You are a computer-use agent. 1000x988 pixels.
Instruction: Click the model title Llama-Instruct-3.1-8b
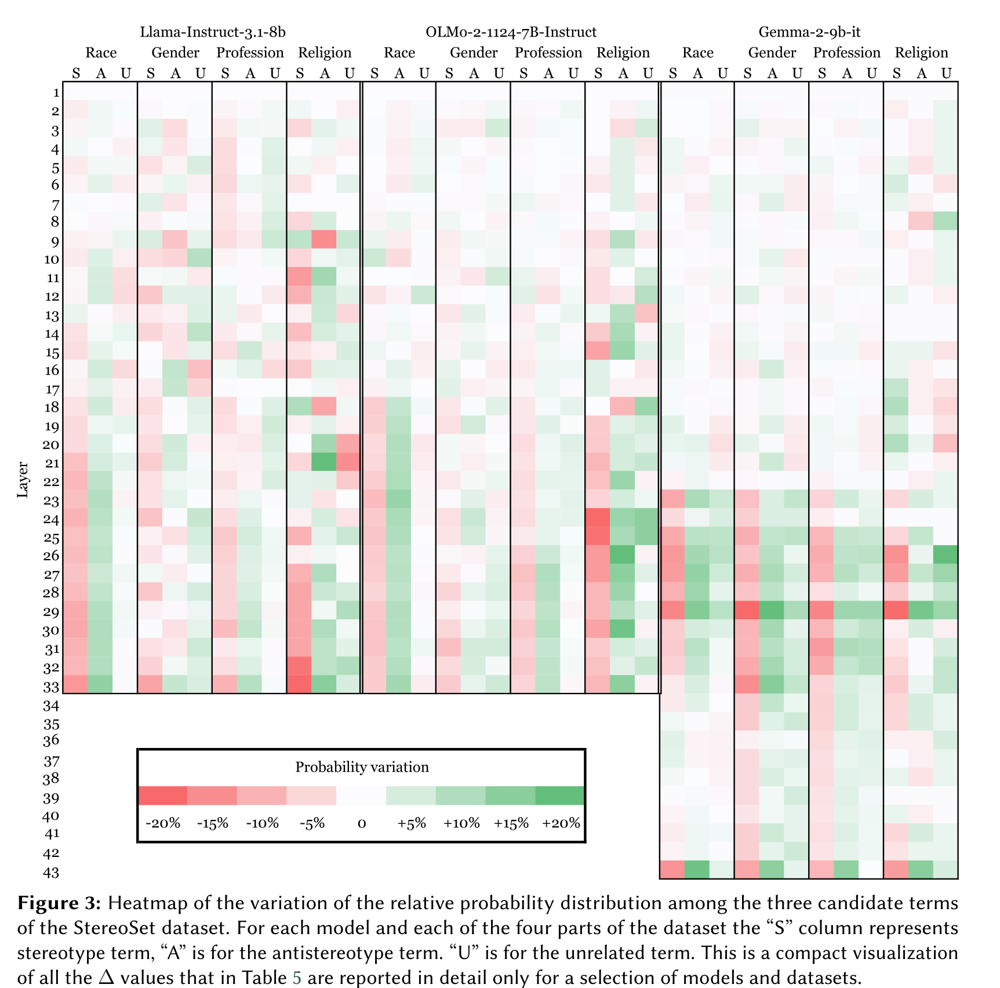tap(213, 32)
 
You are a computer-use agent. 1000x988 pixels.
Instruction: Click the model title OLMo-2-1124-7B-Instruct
tap(511, 32)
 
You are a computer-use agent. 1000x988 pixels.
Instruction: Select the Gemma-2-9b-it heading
tap(809, 32)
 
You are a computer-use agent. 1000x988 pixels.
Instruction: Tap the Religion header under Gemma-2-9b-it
tap(921, 53)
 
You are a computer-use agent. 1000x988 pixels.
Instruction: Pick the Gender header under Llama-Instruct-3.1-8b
tap(175, 53)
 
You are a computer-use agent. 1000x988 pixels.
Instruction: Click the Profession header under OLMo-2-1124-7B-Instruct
tap(548, 53)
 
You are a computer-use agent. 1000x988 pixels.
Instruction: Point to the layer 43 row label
tap(51, 873)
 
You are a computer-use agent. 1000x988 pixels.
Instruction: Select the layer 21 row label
tap(52, 463)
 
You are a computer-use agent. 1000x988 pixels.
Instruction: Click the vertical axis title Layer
tap(23, 480)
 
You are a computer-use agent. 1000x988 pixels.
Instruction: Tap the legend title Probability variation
tap(362, 767)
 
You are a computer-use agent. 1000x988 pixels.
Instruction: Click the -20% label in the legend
tap(163, 823)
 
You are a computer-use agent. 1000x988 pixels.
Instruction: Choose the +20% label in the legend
tap(561, 823)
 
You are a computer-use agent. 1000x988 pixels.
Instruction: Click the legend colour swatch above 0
tap(361, 796)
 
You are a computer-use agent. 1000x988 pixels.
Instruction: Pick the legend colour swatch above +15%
tap(510, 796)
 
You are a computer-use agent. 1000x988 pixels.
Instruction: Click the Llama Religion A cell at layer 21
tap(325, 462)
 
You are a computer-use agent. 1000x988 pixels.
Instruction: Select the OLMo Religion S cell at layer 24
tap(598, 518)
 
